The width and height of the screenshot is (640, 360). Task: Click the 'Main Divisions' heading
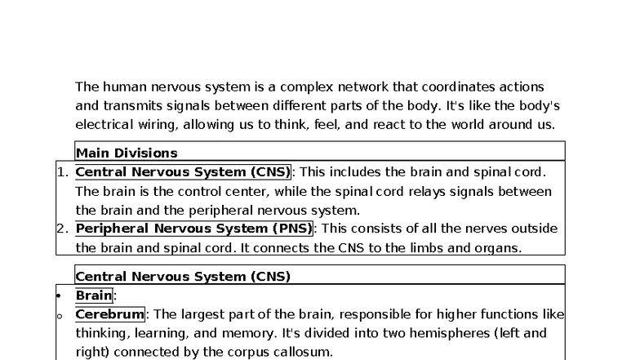pos(127,153)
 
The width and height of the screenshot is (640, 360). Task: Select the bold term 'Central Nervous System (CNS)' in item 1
pos(183,171)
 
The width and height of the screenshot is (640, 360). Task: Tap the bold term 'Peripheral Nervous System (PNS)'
pos(193,228)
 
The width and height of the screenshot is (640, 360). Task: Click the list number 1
pos(61,171)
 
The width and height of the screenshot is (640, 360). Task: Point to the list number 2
pos(61,228)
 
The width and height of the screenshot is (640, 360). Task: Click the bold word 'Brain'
pos(94,296)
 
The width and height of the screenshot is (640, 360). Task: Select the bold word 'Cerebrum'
pos(109,314)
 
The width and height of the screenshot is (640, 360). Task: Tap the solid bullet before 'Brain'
pos(59,296)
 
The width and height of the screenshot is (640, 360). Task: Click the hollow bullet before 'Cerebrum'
pos(59,315)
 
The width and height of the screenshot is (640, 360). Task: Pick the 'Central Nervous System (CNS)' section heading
pos(183,277)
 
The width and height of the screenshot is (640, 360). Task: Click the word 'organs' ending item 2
pos(498,247)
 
